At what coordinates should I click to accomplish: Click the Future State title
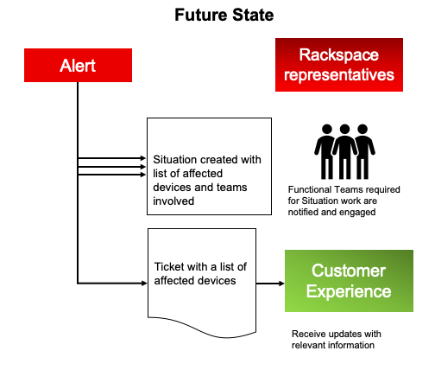point(224,15)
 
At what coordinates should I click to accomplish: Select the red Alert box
point(78,65)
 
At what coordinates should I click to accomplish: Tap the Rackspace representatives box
point(339,65)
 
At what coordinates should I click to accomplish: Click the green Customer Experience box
point(349,281)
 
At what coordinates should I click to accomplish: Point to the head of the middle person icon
point(344,129)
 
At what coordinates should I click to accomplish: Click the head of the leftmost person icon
point(327,129)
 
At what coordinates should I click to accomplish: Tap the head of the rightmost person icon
point(362,129)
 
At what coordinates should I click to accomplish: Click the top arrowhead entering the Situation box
point(143,158)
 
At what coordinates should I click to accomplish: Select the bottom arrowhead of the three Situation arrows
point(143,175)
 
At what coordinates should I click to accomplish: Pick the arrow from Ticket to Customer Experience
point(270,284)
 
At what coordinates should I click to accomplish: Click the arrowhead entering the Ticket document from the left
point(144,284)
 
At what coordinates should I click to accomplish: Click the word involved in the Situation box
point(173,201)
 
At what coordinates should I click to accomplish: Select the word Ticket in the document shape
point(167,267)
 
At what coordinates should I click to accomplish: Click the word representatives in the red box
point(339,75)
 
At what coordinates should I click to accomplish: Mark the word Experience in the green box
point(349,291)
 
